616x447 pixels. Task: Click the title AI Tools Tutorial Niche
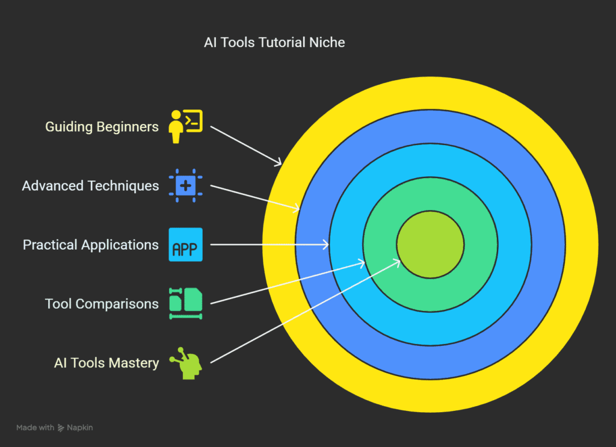click(x=274, y=43)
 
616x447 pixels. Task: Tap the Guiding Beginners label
click(x=102, y=127)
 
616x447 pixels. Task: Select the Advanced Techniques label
click(x=90, y=186)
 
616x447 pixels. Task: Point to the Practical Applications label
click(x=91, y=245)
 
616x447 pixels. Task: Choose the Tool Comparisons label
click(x=102, y=304)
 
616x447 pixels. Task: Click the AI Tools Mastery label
click(x=106, y=363)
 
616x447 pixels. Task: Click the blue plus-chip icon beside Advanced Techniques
click(x=186, y=186)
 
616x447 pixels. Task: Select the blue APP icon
click(x=186, y=245)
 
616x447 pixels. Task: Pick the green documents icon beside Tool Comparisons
click(x=186, y=304)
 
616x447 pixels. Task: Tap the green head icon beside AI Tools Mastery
click(x=186, y=363)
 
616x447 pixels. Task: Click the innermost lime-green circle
click(x=430, y=244)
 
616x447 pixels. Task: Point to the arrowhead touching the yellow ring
click(x=279, y=163)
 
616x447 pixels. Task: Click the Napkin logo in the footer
click(x=61, y=428)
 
